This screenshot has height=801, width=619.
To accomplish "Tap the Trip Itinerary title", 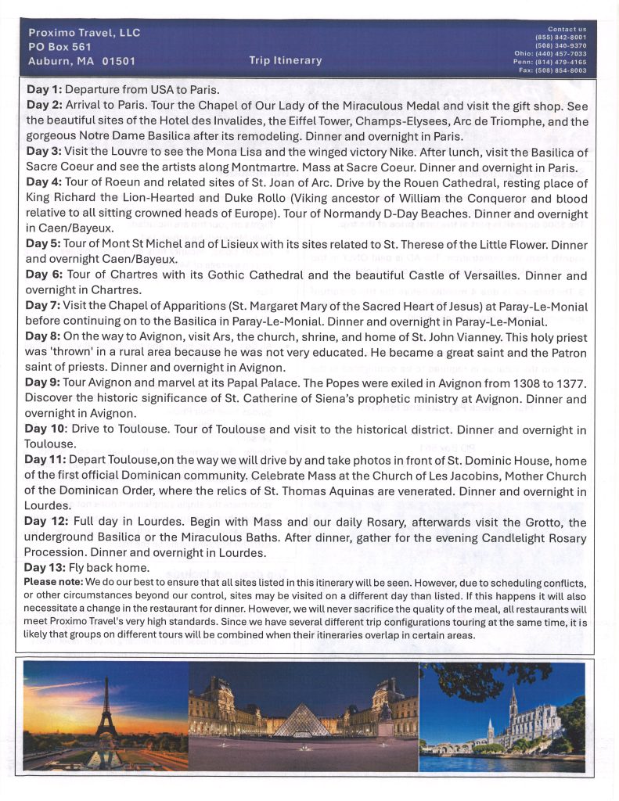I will (x=285, y=60).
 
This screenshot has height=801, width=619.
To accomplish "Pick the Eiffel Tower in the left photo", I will (x=106, y=712).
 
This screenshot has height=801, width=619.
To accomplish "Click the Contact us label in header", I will (x=567, y=29).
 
